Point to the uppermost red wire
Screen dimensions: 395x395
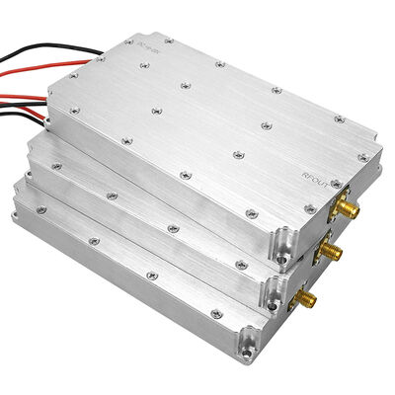click(x=39, y=72)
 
